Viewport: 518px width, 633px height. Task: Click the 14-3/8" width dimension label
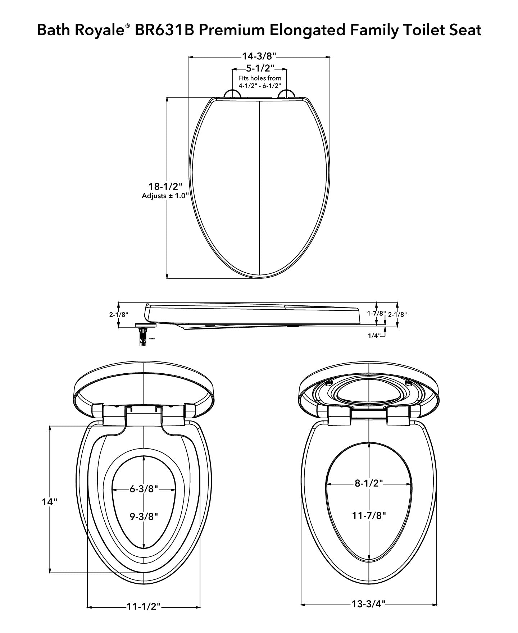tap(259, 56)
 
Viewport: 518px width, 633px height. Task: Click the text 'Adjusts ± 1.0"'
tap(165, 196)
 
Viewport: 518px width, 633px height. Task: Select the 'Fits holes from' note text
tap(260, 78)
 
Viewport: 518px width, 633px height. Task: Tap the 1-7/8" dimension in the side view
tap(376, 313)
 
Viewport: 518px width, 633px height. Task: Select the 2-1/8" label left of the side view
tap(119, 314)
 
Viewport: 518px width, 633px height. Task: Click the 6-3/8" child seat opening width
tap(144, 489)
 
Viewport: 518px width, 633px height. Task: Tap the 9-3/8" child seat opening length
tap(144, 516)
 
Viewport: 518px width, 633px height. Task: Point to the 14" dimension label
tap(49, 502)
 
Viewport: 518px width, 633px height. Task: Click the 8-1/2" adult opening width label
tap(369, 483)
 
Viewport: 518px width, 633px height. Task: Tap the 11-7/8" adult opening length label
tap(369, 515)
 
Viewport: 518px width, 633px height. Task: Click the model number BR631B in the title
tap(164, 30)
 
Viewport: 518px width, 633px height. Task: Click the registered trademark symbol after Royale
tap(128, 27)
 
